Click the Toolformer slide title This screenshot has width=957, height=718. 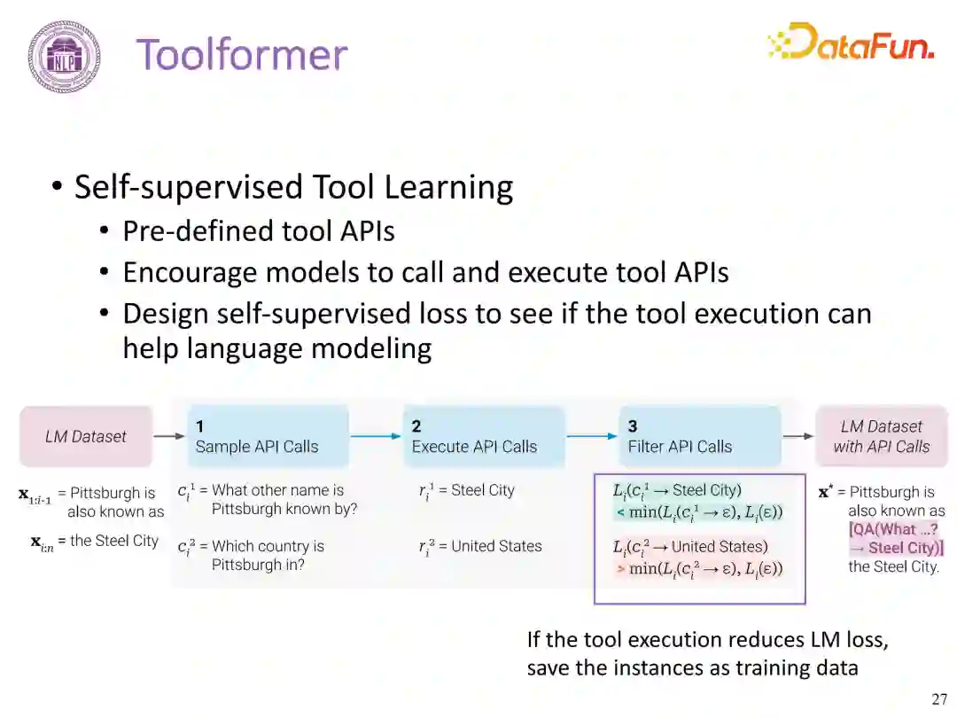[x=241, y=54]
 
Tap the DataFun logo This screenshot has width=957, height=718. [x=850, y=42]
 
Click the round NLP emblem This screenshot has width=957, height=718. [x=63, y=57]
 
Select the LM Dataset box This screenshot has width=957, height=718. [x=86, y=436]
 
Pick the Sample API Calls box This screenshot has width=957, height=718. [x=268, y=436]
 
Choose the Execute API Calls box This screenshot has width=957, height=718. [x=483, y=436]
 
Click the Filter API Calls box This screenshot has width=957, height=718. [x=699, y=436]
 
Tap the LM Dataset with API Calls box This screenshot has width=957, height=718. [x=881, y=436]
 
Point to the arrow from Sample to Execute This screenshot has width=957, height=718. [x=376, y=436]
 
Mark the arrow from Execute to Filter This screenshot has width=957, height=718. [x=592, y=436]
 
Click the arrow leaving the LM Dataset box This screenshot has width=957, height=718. [x=168, y=436]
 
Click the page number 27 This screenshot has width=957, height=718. [x=939, y=699]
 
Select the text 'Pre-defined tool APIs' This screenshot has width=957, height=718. [x=259, y=230]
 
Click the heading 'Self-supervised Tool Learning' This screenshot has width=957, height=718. [x=293, y=187]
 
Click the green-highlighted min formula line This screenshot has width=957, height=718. [x=699, y=512]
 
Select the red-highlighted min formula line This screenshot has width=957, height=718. [x=699, y=568]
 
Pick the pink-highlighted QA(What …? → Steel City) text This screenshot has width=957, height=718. [x=896, y=539]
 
